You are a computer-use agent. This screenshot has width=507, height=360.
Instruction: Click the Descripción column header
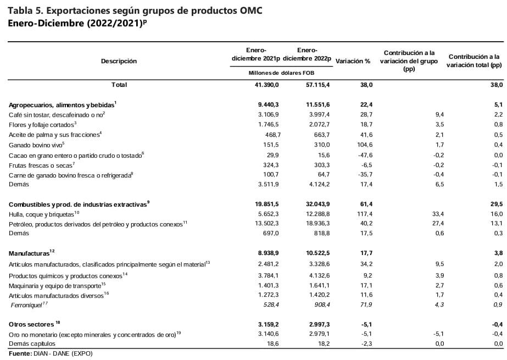point(119,61)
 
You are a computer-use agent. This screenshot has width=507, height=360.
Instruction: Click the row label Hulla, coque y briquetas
point(44,214)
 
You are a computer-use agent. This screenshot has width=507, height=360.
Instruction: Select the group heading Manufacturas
point(31,252)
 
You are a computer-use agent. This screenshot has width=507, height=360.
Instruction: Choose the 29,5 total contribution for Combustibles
point(496,203)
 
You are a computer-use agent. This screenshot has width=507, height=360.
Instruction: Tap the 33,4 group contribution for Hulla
point(423,214)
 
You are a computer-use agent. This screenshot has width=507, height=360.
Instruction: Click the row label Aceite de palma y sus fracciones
point(55,135)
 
